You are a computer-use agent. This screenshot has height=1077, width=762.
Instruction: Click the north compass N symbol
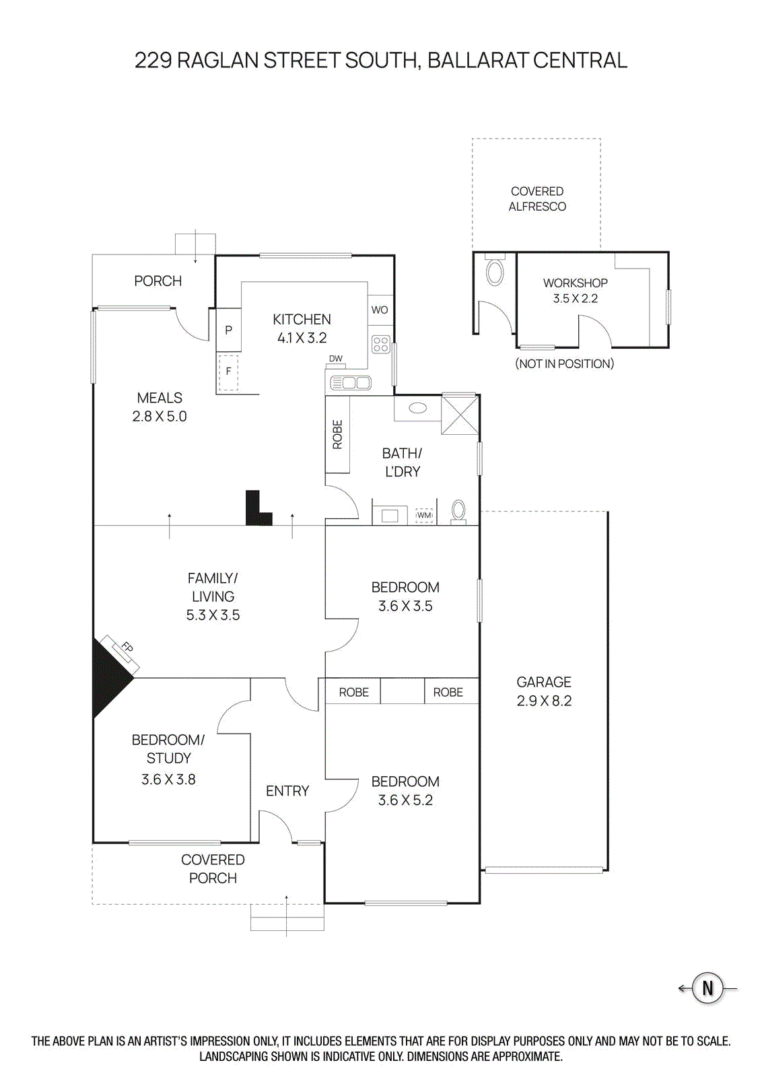707,988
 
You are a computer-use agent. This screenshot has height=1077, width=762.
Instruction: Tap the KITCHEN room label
302,320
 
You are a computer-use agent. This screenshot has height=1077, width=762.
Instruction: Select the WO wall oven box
380,310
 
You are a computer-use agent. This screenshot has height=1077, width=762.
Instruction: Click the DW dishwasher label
335,359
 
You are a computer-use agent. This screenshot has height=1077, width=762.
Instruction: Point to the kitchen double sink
351,383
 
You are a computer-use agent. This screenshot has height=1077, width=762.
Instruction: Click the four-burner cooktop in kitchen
380,345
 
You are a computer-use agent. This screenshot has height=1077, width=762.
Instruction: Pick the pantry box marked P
229,330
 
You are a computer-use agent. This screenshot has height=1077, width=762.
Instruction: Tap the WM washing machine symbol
424,515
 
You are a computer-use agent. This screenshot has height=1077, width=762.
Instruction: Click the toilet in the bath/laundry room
458,511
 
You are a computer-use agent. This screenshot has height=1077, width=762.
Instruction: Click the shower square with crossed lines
460,415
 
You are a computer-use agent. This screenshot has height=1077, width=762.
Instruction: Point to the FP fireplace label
127,648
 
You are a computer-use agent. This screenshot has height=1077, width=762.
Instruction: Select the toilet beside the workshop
495,273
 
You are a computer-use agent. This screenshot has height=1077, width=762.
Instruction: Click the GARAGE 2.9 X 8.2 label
544,691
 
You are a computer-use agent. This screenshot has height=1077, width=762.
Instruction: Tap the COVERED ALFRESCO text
537,199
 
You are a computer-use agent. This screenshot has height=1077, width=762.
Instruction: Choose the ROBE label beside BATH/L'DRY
337,434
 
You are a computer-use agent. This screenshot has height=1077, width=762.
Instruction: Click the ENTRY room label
287,791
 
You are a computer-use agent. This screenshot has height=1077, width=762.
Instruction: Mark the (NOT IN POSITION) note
564,363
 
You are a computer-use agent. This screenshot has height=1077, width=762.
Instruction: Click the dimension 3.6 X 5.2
405,800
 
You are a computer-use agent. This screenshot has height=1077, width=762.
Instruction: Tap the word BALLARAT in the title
477,61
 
